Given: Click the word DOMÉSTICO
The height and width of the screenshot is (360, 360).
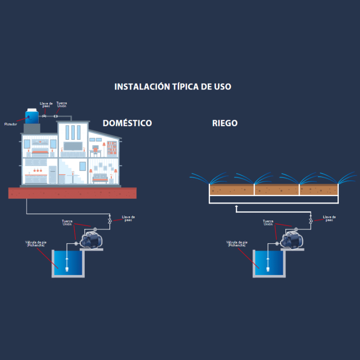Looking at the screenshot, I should pos(127,123).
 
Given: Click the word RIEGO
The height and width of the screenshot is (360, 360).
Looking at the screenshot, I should pos(225,123).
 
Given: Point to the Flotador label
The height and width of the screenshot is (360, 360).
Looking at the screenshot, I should pos(10,124).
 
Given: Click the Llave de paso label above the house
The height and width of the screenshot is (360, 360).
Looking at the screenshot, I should pos(46,104).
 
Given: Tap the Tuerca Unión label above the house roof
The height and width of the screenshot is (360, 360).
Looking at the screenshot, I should pos(62,104).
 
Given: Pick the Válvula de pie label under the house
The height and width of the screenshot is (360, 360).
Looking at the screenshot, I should pos(36,243).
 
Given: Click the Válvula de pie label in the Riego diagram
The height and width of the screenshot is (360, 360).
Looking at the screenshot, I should pos(237,243).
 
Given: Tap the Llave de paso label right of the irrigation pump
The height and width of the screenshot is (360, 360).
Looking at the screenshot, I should pos(329,218).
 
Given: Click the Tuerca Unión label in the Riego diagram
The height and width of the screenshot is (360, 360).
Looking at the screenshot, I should pos(268,223).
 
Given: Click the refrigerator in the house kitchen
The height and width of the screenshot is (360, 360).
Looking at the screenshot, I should pos(53,175).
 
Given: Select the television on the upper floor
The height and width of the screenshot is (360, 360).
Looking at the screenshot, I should pos(73,146).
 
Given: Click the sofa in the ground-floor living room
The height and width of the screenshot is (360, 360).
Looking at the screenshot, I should pos(101,179).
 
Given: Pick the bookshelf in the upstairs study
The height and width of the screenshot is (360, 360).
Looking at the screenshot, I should pos(112,148).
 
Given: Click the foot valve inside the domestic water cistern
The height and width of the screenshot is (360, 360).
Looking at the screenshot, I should pos(67,269).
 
